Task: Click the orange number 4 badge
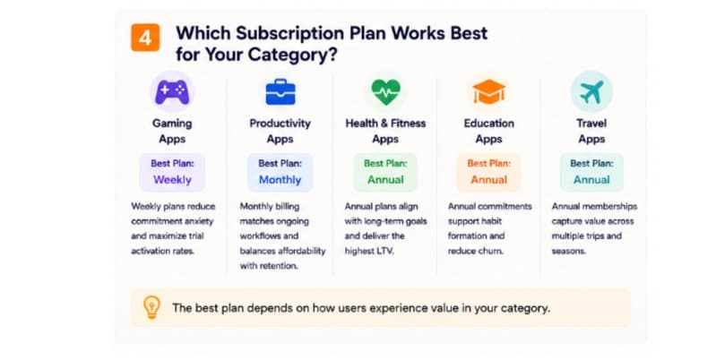[145, 38]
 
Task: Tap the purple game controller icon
[172, 92]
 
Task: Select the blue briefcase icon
[280, 91]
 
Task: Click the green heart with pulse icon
[386, 91]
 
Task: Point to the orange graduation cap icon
[489, 91]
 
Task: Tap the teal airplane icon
[591, 91]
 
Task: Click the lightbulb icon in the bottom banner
[151, 307]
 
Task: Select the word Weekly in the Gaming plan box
[172, 180]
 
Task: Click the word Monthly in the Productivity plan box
[280, 180]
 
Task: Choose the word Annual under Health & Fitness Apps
[386, 180]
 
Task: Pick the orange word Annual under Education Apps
[489, 180]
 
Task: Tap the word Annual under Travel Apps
[591, 180]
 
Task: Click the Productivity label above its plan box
[280, 124]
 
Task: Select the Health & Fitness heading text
[385, 124]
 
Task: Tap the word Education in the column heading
[489, 124]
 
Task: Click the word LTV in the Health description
[384, 251]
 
